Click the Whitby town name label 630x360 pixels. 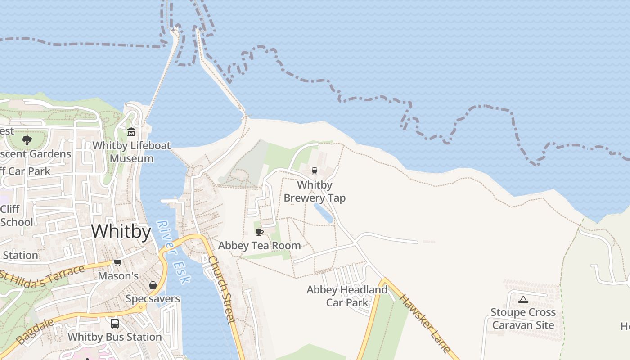click(x=121, y=231)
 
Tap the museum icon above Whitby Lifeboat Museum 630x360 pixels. click(x=131, y=132)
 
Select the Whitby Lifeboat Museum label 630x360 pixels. click(x=131, y=152)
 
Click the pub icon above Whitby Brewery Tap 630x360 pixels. click(x=315, y=171)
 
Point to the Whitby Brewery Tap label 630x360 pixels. click(x=315, y=191)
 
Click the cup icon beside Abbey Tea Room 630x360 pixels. click(x=259, y=232)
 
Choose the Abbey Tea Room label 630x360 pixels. click(x=259, y=246)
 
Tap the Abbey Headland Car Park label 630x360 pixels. click(x=347, y=296)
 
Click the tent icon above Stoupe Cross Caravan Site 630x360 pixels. click(x=523, y=299)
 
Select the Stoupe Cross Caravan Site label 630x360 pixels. click(x=523, y=318)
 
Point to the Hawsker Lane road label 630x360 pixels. click(x=424, y=323)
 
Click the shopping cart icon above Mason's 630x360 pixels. click(x=117, y=262)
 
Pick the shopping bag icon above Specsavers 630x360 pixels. click(x=153, y=285)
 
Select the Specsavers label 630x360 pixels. click(x=153, y=299)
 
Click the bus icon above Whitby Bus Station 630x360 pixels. click(x=115, y=323)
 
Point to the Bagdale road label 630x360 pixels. click(x=34, y=332)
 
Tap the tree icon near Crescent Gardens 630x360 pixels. click(x=27, y=140)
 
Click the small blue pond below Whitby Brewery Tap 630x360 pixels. click(x=323, y=213)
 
